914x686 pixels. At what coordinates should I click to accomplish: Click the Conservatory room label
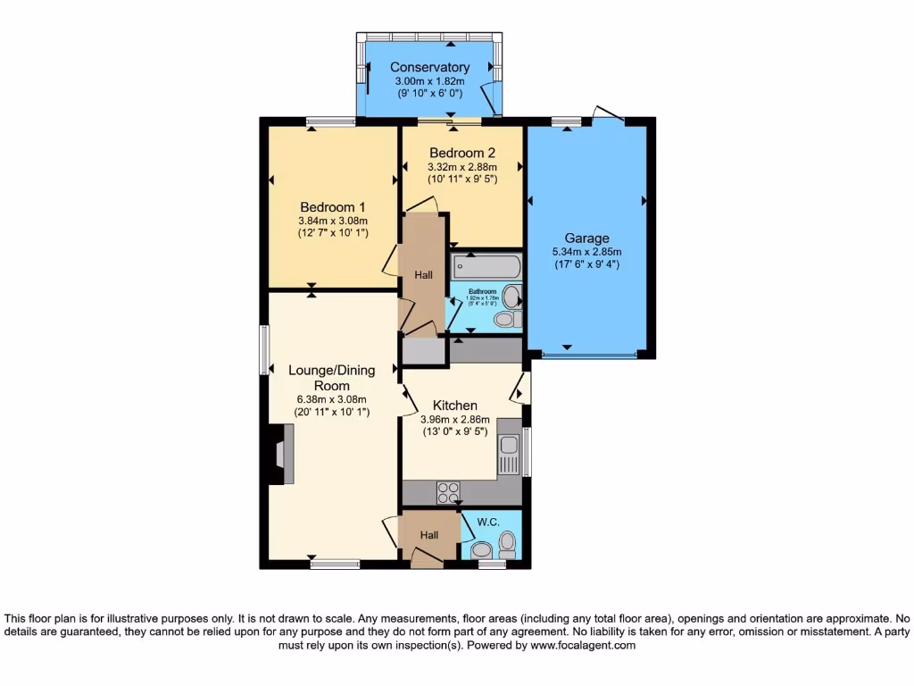(429, 67)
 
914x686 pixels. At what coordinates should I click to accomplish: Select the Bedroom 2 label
(461, 153)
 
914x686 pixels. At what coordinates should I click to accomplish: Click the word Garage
(586, 238)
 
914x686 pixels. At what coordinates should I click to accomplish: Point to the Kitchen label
(454, 405)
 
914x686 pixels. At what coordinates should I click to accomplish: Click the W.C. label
(487, 522)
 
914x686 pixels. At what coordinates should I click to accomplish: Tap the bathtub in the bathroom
(486, 265)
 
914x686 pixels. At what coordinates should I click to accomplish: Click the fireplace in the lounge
(281, 454)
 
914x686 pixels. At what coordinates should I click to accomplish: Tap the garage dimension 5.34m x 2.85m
(586, 252)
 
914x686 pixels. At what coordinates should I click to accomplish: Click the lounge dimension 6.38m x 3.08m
(331, 399)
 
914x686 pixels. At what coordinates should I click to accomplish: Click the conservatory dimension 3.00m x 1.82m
(429, 80)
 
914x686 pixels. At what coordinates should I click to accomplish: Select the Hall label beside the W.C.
(429, 535)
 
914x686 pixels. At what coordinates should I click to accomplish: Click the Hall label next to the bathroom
(423, 275)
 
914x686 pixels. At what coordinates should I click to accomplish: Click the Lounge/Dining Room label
(331, 377)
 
